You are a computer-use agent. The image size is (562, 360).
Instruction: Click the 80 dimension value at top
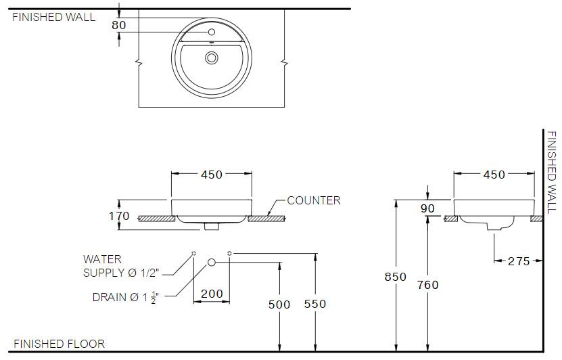(119, 25)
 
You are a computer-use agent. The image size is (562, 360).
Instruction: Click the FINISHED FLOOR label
(59, 344)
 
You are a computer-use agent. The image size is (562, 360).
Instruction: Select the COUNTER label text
(314, 200)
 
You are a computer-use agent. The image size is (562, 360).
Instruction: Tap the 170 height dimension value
(119, 217)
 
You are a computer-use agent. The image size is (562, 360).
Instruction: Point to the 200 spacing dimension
(212, 294)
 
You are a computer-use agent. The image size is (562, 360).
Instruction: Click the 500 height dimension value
(279, 305)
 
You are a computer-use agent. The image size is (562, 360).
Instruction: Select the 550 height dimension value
(315, 305)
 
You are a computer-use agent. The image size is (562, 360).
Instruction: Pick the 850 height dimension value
(396, 277)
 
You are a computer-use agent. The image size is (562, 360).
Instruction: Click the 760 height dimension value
(427, 285)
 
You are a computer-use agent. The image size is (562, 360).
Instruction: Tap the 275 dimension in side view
(519, 261)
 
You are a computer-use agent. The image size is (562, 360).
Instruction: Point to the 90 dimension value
(427, 209)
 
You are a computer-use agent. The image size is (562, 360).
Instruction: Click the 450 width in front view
(212, 175)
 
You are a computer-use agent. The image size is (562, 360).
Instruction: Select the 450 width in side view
(494, 175)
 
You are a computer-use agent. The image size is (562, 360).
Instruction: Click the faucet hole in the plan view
(212, 32)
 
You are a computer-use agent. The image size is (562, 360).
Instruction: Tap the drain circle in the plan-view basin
(212, 59)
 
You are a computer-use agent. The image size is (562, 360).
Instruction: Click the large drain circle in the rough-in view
(212, 261)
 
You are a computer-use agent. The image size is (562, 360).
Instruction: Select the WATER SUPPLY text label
(120, 266)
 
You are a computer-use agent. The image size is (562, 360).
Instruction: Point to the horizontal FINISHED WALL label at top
(54, 17)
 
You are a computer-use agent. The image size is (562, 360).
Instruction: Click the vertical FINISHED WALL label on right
(552, 172)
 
